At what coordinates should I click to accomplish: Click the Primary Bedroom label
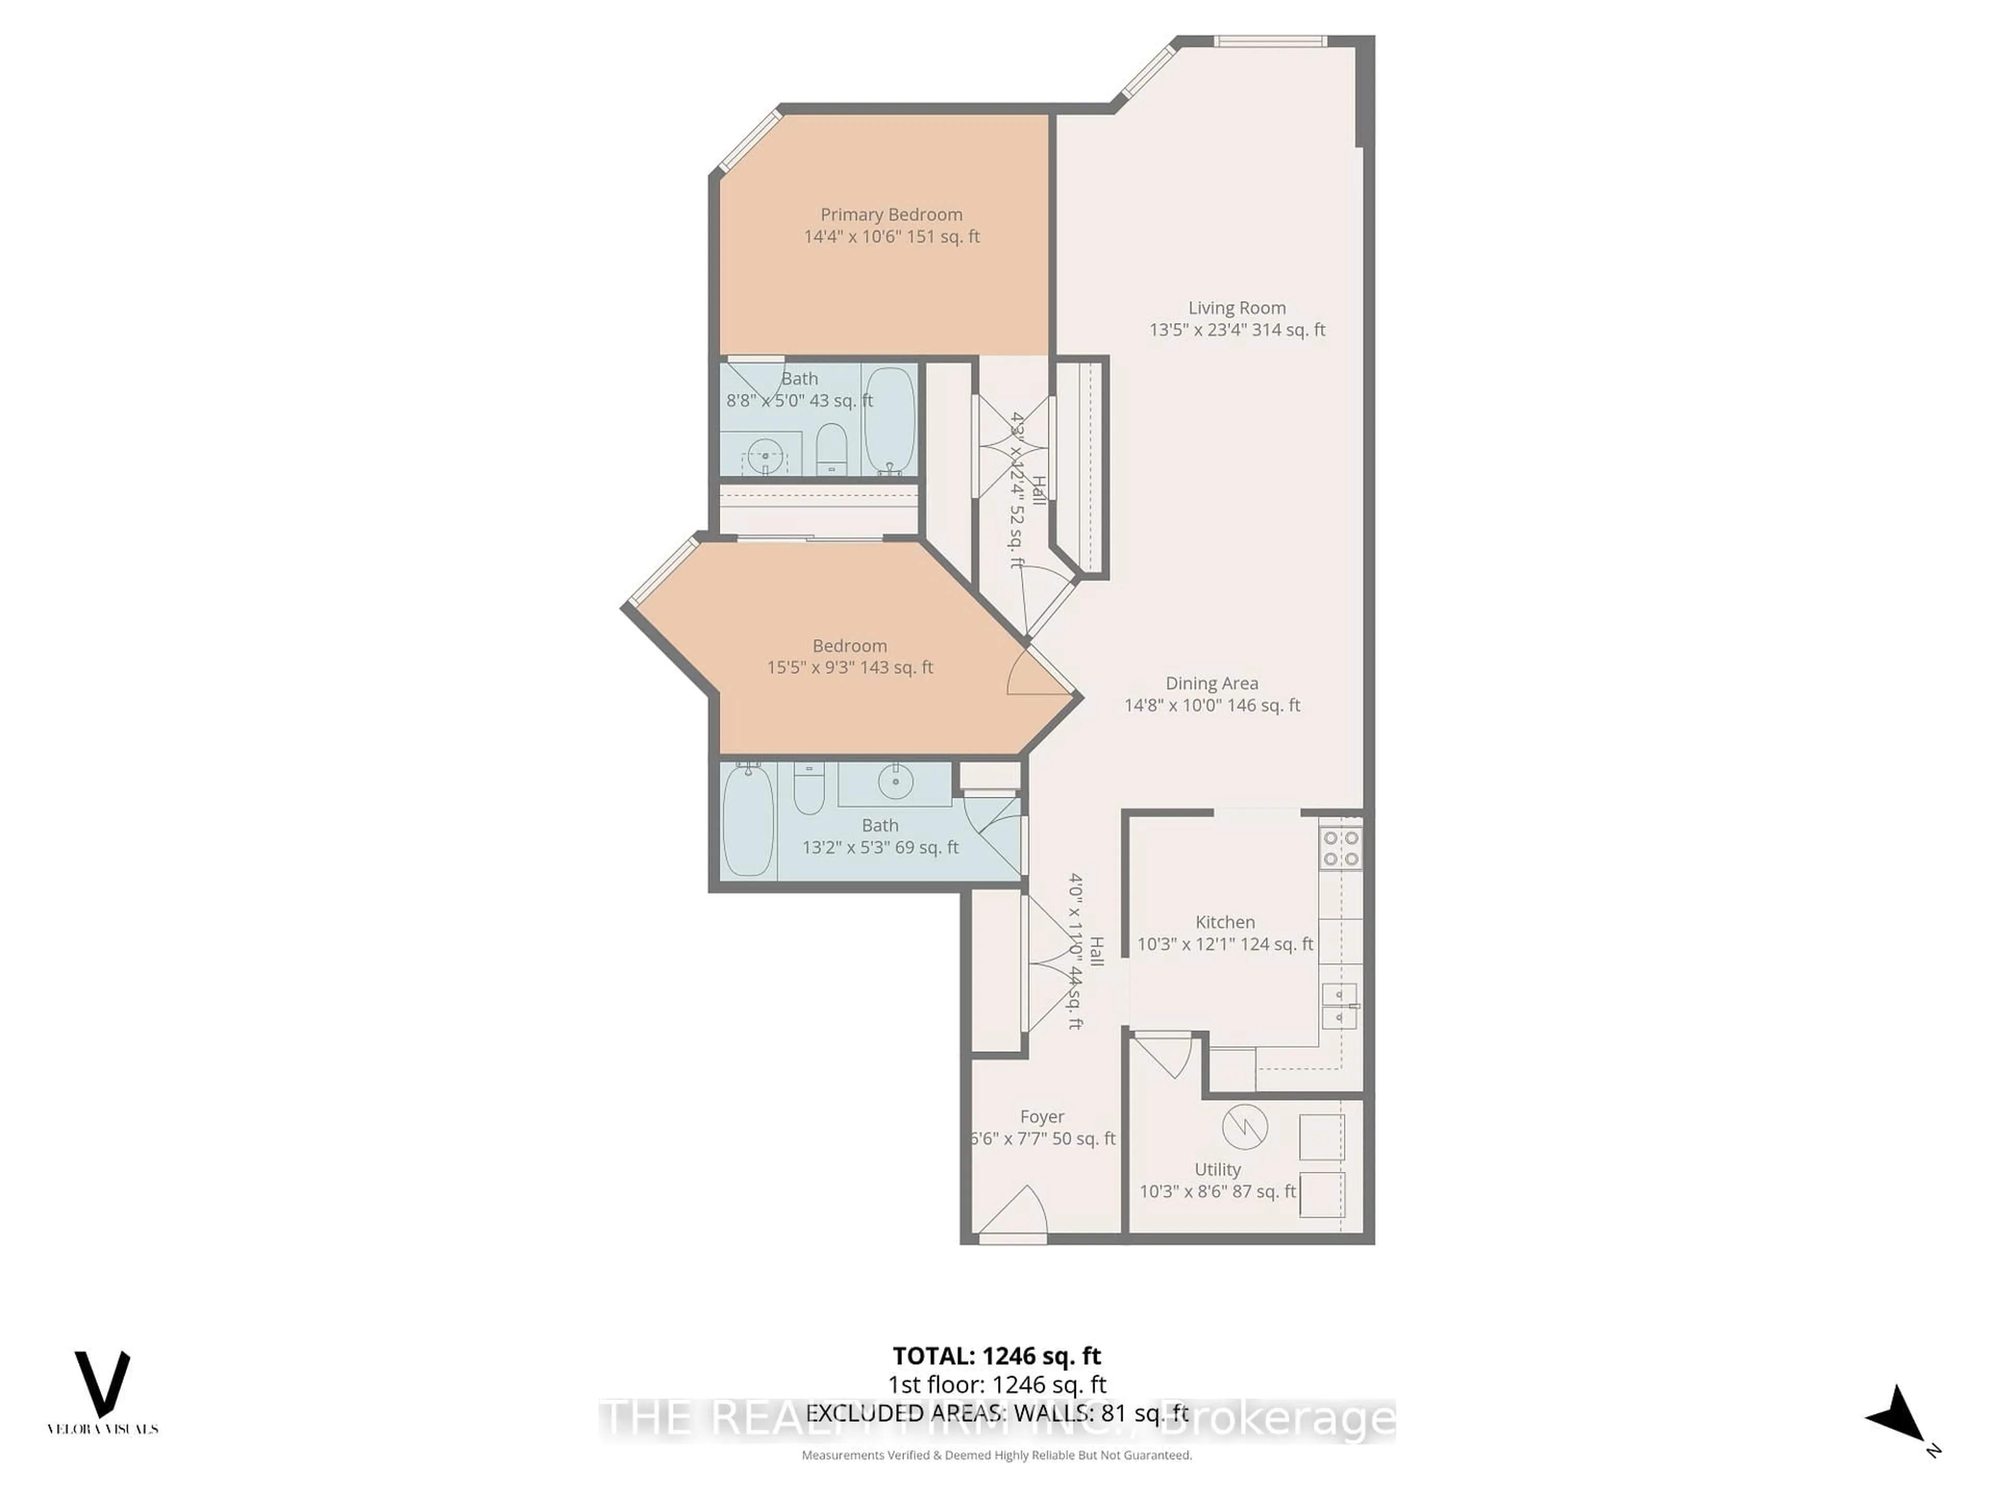891,215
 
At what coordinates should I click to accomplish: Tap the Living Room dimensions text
1237,330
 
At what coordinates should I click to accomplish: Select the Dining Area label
1211,684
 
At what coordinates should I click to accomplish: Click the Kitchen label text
1224,921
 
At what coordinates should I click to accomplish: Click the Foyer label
1042,1116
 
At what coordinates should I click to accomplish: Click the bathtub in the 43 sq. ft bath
890,419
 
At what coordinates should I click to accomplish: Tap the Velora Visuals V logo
102,1384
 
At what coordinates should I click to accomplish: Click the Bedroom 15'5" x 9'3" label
849,657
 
